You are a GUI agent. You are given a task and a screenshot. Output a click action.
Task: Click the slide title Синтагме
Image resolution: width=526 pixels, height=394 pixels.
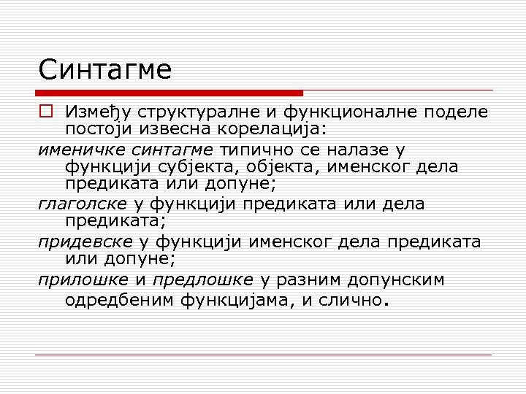(105, 70)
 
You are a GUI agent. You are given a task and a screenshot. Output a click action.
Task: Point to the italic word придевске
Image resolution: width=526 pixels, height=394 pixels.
(84, 242)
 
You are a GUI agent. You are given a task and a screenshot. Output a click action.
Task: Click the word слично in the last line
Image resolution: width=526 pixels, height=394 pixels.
(350, 299)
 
